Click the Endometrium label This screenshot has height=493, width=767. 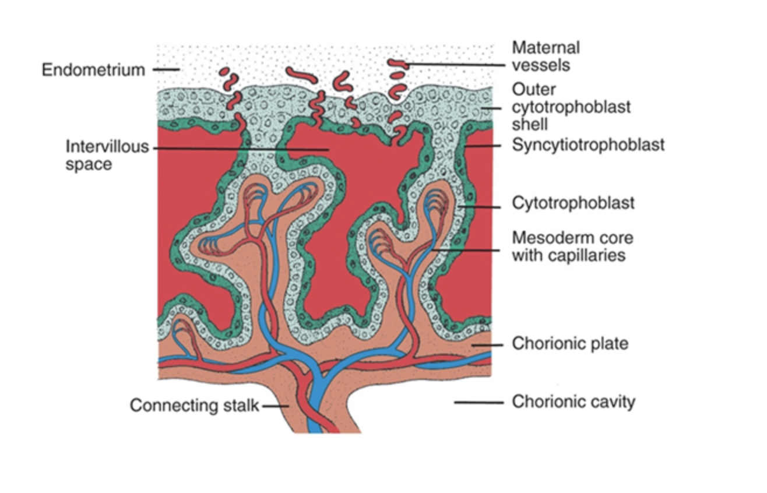(93, 70)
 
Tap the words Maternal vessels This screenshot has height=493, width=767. (546, 56)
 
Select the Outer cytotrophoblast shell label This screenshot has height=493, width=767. (571, 107)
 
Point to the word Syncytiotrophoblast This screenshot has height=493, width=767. (587, 145)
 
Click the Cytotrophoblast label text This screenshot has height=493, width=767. (573, 203)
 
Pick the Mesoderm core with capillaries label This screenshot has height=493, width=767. (572, 246)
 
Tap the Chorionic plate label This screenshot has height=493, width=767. (570, 344)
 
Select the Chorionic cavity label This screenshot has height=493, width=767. (573, 402)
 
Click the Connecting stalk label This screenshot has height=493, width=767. (194, 405)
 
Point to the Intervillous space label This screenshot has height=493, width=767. (107, 155)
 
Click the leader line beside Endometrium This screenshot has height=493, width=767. (166, 70)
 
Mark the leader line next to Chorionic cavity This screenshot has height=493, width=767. (478, 402)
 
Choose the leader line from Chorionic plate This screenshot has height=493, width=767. (487, 344)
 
